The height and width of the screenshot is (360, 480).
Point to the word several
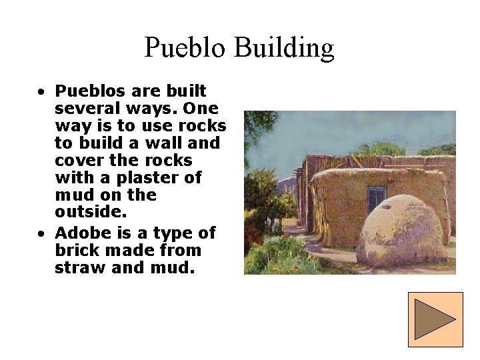pyautogui.click(x=86, y=108)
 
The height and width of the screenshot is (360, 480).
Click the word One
pyautogui.click(x=200, y=108)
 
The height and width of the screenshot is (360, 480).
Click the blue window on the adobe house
pyautogui.click(x=376, y=199)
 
